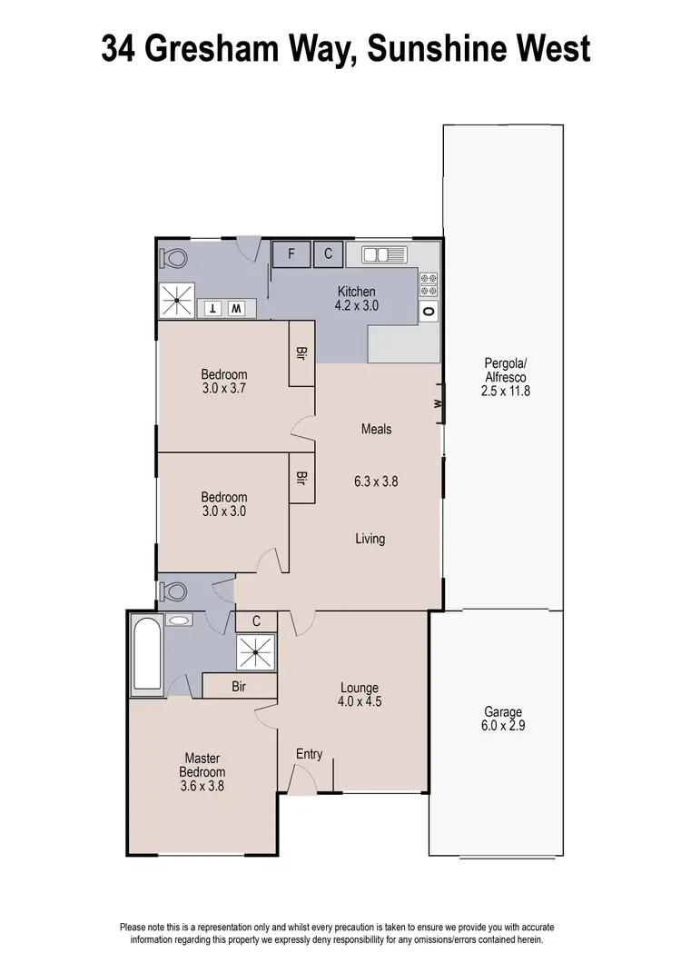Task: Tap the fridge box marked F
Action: pos(291,254)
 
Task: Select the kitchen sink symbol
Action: pos(388,254)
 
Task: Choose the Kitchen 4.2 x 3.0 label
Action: pos(357,299)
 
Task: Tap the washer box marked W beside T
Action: pos(235,309)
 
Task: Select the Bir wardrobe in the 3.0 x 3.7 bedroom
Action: pos(301,353)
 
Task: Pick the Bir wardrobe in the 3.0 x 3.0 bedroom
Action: pos(301,477)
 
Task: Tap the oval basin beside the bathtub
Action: pos(181,620)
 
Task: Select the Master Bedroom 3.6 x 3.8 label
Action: pos(202,772)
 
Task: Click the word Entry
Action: pos(309,754)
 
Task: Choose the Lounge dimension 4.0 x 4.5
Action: pos(360,702)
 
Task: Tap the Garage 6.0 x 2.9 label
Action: pos(497,720)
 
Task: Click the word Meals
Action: pos(376,429)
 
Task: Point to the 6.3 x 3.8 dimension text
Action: pos(376,481)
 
